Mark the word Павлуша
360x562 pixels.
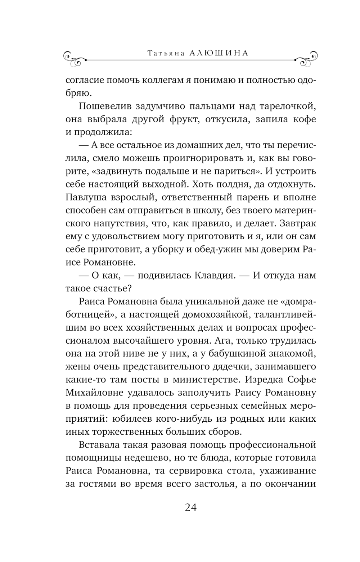tap(86, 198)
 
